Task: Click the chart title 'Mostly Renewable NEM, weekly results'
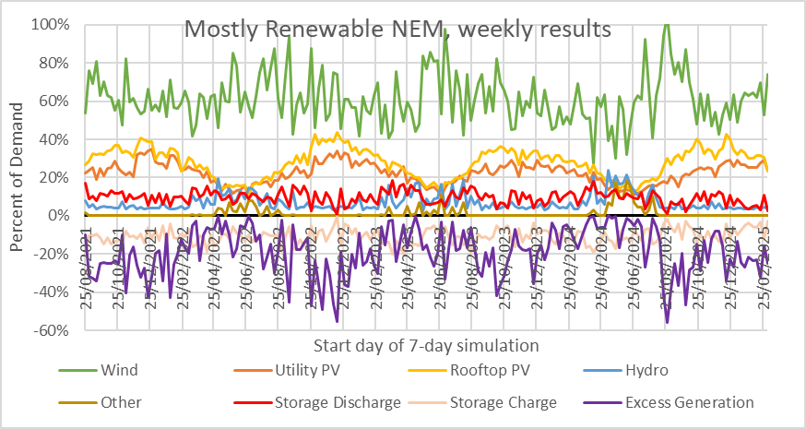click(x=397, y=29)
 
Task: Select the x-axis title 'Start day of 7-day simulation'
click(x=425, y=346)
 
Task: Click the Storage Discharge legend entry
click(x=337, y=402)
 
